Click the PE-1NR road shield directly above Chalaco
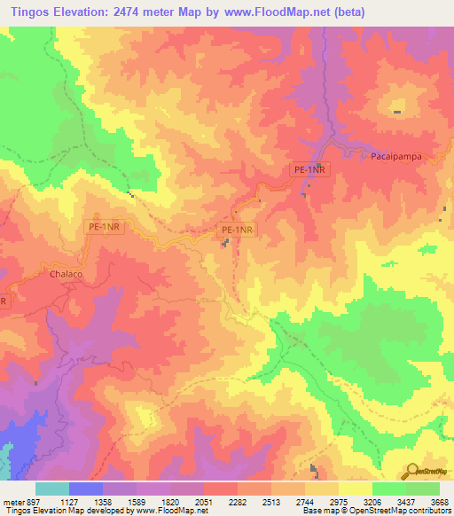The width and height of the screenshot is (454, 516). [105, 228]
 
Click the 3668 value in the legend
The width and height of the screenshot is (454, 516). [439, 501]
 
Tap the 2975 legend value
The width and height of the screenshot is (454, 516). [338, 501]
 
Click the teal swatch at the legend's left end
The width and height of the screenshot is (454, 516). [52, 489]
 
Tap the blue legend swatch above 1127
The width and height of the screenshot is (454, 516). [86, 489]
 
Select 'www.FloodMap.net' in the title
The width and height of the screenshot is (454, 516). [269, 12]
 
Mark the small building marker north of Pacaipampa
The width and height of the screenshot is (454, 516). [396, 112]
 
